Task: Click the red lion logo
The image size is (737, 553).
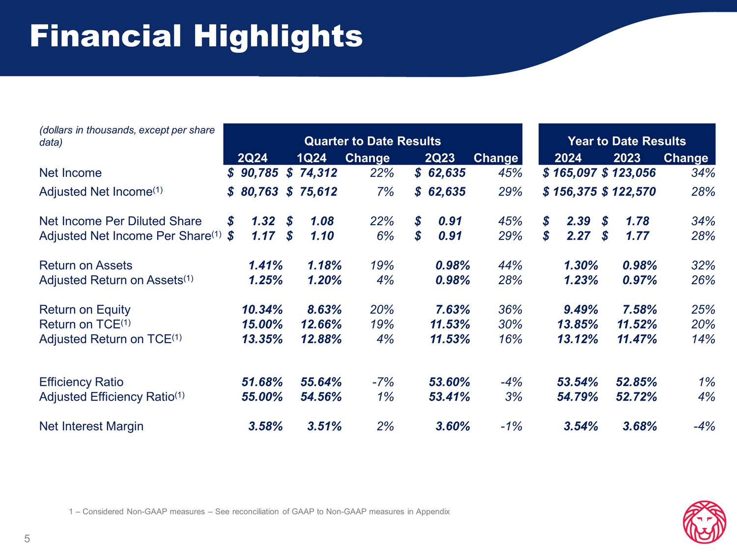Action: [x=705, y=522]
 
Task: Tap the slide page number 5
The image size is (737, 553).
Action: [x=27, y=539]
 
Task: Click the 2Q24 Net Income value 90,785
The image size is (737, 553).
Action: [x=259, y=173]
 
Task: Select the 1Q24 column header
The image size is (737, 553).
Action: [x=312, y=158]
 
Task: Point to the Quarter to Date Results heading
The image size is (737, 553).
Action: [x=372, y=141]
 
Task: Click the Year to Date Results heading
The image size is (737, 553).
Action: [x=626, y=141]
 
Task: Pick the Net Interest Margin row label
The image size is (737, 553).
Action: [x=91, y=426]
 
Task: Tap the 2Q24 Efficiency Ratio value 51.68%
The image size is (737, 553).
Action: [x=262, y=382]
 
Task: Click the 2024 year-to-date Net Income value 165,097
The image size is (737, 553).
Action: [x=574, y=173]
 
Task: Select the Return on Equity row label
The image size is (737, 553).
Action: [x=85, y=310]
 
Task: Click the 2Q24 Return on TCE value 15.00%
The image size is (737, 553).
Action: [x=262, y=324]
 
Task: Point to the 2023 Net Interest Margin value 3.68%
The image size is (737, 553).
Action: [x=640, y=426]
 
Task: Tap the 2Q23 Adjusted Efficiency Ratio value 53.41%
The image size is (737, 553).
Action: [x=449, y=397]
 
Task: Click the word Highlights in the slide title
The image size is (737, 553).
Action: [x=278, y=36]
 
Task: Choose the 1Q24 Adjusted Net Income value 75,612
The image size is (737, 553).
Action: [x=318, y=192]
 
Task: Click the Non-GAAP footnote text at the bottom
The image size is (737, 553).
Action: [x=259, y=512]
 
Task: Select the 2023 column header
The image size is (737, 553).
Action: [x=627, y=158]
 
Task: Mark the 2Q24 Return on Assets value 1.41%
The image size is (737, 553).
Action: [x=265, y=265]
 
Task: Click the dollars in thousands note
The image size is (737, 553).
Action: [x=127, y=136]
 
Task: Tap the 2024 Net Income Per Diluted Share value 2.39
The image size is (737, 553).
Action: [x=578, y=221]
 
